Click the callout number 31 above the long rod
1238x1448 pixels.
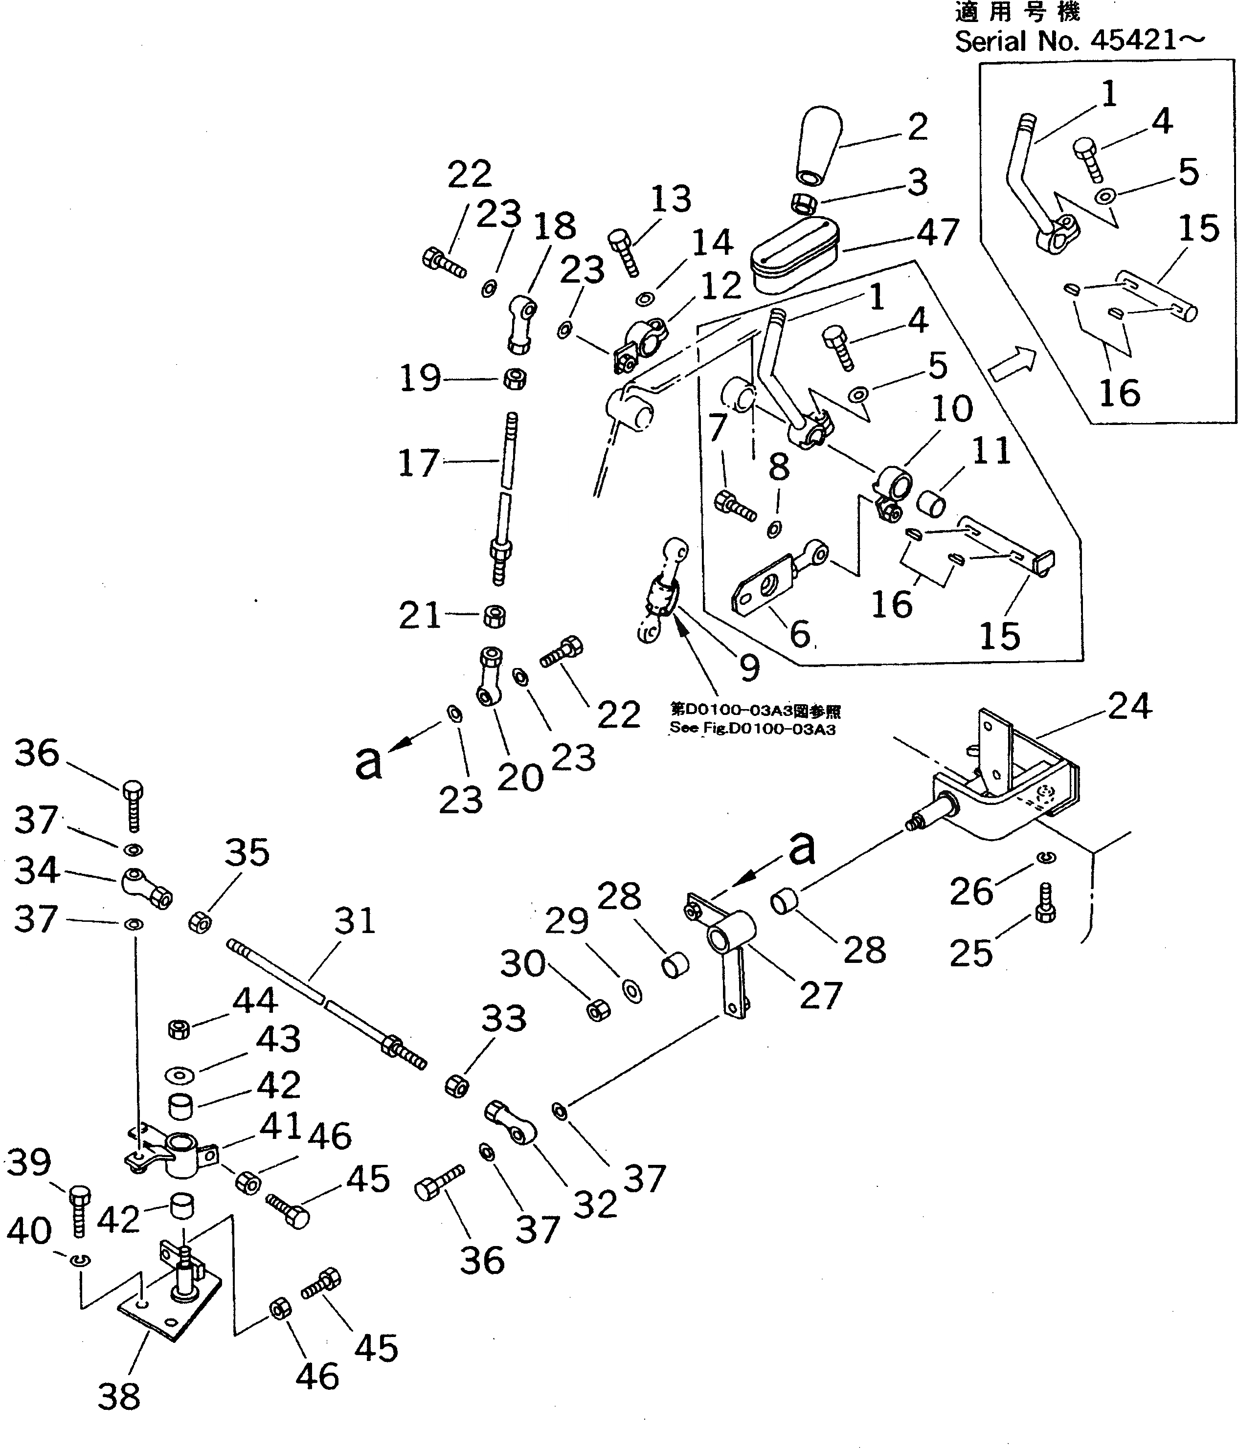(x=355, y=920)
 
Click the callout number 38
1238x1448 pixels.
(x=119, y=1396)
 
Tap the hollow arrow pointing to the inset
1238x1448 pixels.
(x=1012, y=365)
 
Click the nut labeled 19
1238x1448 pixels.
(x=515, y=379)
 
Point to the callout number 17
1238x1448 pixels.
(x=418, y=463)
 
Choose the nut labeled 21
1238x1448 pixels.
(x=494, y=616)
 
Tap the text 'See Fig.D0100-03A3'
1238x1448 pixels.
(x=752, y=729)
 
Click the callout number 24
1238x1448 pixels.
(x=1129, y=706)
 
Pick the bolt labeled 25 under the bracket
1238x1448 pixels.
(x=1045, y=902)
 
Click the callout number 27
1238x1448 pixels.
(x=821, y=995)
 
